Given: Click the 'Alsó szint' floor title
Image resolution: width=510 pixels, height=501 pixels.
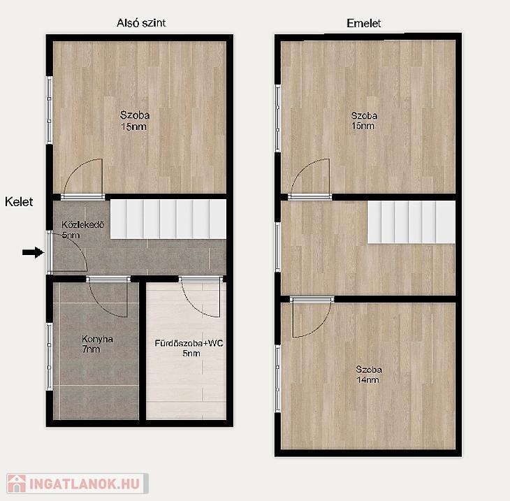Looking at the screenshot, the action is click(141, 23).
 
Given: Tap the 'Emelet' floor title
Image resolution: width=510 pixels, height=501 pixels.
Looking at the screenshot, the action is click(363, 23).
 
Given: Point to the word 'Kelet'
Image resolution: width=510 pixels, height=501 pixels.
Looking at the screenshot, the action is click(19, 202).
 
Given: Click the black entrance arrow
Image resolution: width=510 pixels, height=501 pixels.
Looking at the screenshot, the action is click(34, 252).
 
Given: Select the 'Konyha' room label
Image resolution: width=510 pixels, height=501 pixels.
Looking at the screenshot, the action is click(97, 339).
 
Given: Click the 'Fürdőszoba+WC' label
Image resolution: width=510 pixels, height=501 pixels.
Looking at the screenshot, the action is click(189, 343).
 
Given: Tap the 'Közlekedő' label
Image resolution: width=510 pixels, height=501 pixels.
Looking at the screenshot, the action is click(83, 224).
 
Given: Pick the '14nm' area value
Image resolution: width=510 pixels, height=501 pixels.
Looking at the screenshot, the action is click(368, 379).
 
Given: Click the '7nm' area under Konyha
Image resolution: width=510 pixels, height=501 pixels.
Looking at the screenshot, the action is click(91, 349).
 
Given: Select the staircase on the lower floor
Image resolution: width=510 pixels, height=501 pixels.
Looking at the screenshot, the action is click(168, 219).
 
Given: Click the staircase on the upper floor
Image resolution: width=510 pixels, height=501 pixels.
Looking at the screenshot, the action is click(411, 222).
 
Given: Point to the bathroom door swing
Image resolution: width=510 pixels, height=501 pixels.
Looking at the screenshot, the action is click(201, 298).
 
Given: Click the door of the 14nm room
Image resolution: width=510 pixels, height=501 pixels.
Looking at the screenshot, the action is click(312, 317).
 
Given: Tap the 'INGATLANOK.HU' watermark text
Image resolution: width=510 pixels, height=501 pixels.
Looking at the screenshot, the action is click(85, 484).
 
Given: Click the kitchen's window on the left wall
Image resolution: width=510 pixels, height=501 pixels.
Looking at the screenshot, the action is click(50, 356).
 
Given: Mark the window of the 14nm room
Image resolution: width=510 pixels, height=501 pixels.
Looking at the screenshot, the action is click(278, 378).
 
